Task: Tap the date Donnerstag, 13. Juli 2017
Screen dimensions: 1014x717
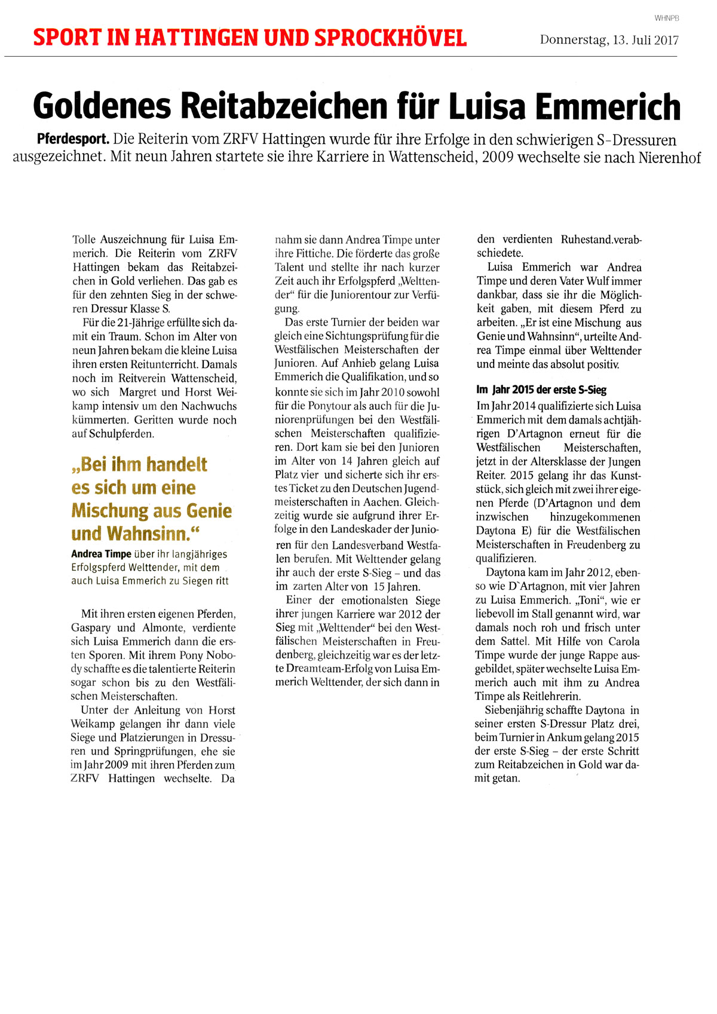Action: pyautogui.click(x=609, y=40)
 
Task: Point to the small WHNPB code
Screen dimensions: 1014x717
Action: pyautogui.click(x=667, y=19)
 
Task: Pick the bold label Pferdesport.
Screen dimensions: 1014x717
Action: pyautogui.click(x=73, y=140)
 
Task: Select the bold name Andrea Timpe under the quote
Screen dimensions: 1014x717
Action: pyautogui.click(x=101, y=554)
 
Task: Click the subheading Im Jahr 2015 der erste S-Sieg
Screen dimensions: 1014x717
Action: pyautogui.click(x=541, y=390)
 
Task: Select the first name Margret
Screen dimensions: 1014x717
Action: pyautogui.click(x=140, y=392)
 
